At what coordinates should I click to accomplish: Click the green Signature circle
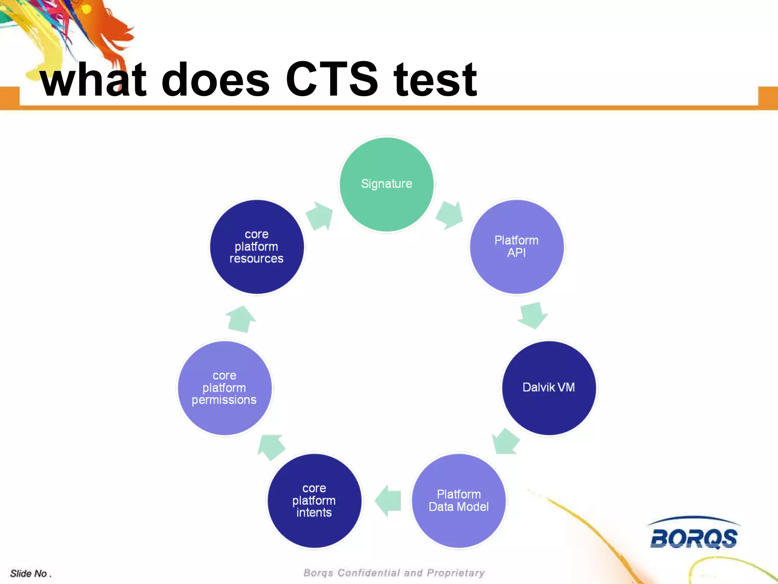tap(386, 184)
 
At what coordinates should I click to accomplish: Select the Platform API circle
tap(516, 247)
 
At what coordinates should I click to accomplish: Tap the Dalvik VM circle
tap(549, 387)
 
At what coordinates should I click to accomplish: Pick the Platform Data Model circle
tap(459, 500)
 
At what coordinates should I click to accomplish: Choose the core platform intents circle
tap(314, 500)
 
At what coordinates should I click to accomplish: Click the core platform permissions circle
tap(225, 387)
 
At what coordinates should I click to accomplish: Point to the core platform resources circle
tap(257, 247)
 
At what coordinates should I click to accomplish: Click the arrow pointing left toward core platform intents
tap(388, 501)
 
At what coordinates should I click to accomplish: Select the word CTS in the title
tap(331, 80)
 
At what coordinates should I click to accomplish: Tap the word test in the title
tap(435, 80)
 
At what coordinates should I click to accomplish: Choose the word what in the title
tap(93, 80)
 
